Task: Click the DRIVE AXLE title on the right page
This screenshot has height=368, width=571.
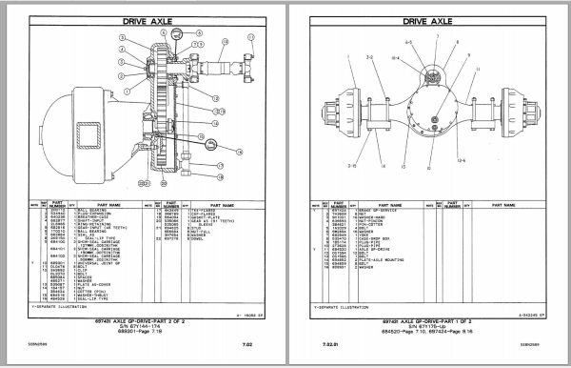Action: point(427,19)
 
